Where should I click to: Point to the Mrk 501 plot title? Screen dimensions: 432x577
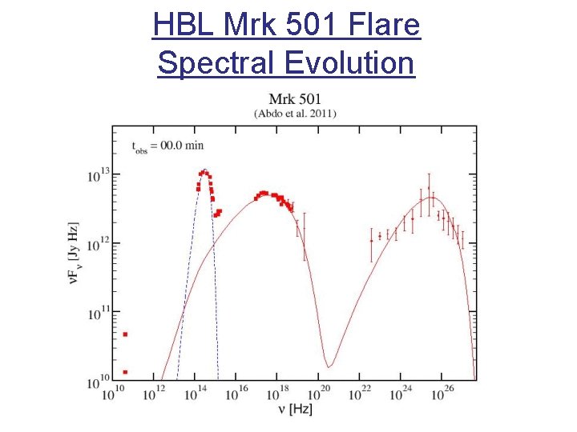click(294, 99)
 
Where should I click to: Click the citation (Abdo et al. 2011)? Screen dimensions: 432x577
click(295, 114)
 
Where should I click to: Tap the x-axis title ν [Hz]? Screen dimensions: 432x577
click(295, 410)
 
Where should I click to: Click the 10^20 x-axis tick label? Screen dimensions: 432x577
click(321, 393)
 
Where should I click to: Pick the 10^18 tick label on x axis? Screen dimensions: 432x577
click(278, 393)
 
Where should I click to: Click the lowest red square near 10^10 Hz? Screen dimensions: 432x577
click(125, 372)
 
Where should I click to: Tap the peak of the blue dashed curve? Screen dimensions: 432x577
click(204, 170)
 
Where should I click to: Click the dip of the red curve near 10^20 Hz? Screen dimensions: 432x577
click(328, 367)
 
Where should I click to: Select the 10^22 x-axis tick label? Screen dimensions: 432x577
click(362, 393)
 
